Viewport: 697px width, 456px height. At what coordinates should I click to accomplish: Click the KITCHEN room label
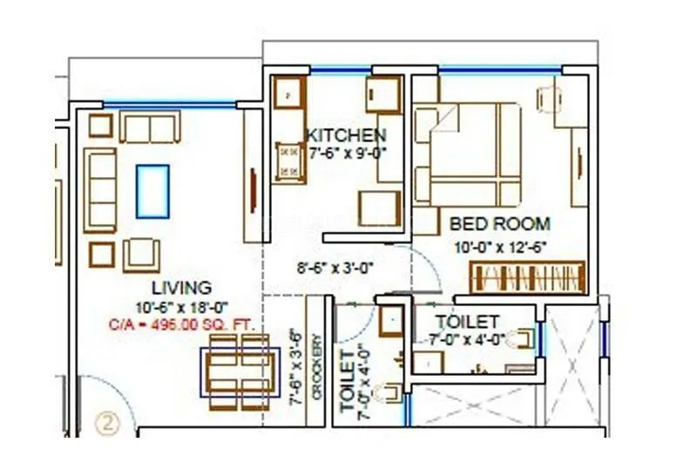[x=346, y=135]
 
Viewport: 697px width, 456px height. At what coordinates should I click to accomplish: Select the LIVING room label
[x=180, y=287]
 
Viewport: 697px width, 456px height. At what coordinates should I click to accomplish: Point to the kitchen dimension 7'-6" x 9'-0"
[x=347, y=153]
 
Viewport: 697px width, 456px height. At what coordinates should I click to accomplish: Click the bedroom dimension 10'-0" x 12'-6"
[x=499, y=247]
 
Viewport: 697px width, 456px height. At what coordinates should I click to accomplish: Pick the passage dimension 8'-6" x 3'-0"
[x=335, y=269]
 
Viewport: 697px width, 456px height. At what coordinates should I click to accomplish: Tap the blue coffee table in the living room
[x=152, y=191]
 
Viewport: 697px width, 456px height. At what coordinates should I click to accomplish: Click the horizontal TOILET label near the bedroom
[x=467, y=322]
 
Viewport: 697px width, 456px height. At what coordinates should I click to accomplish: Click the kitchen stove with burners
[x=288, y=161]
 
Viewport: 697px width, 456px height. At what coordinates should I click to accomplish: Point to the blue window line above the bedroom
[x=498, y=70]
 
